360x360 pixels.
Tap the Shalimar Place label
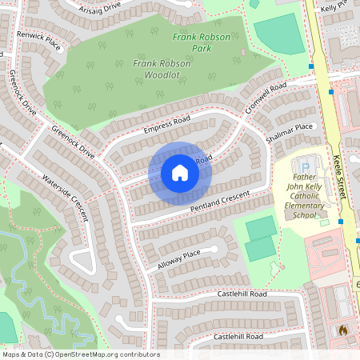tap(292, 127)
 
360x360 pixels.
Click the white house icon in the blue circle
tap(179, 172)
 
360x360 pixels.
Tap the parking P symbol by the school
tap(305, 165)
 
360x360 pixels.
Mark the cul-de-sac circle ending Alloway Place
tap(214, 249)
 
